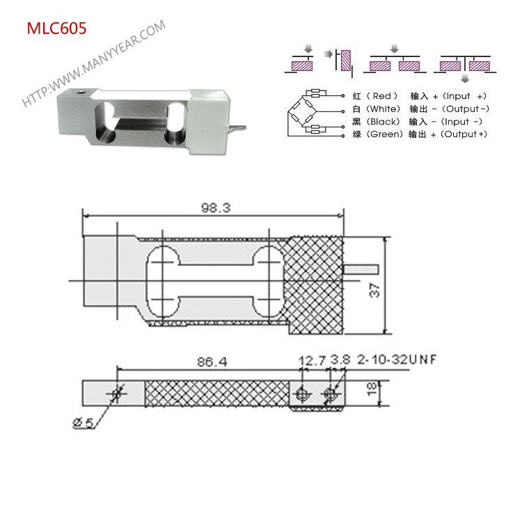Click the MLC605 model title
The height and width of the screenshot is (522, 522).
[56, 29]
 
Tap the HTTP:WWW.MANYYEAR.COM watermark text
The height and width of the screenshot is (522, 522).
[95, 63]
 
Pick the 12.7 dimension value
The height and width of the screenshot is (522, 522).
[311, 361]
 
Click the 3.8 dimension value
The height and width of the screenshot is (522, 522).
[340, 361]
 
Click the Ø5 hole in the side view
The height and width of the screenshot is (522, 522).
[116, 394]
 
